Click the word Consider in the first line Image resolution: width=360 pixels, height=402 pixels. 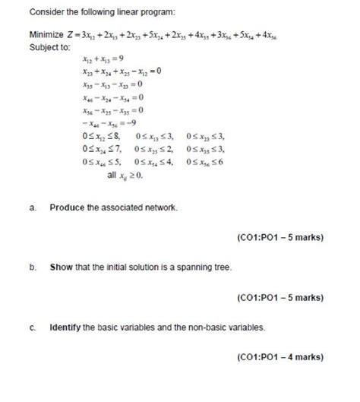point(46,13)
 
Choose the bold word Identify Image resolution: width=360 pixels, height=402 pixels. point(65,328)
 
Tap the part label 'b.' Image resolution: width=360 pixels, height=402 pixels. point(33,267)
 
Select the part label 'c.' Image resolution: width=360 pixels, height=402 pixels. point(33,328)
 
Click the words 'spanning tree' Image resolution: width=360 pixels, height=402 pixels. point(205,267)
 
